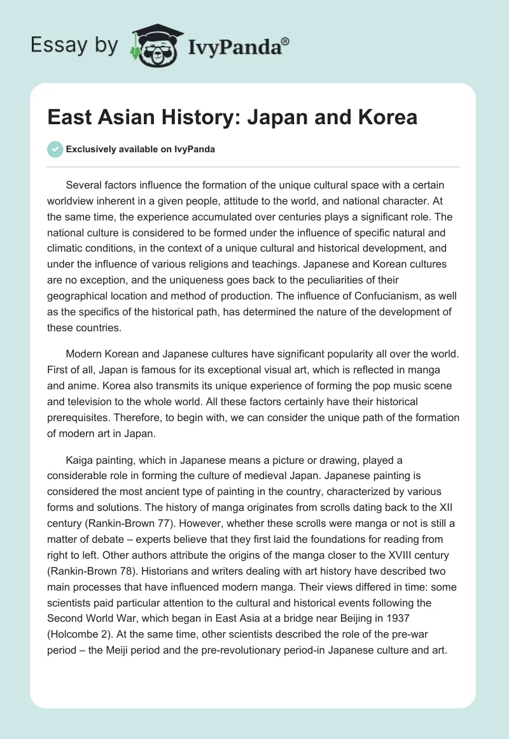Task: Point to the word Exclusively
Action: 89,150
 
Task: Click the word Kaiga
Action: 80,459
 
